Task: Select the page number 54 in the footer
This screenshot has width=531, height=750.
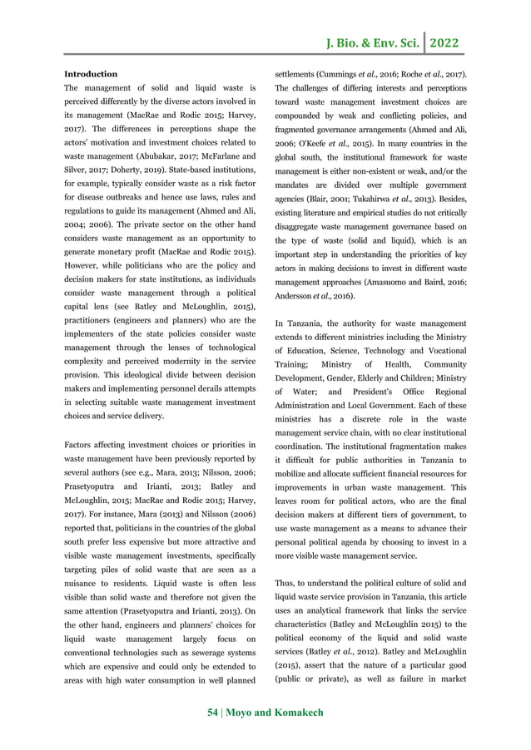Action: click(x=214, y=713)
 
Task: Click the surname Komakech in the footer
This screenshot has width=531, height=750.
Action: click(x=296, y=713)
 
